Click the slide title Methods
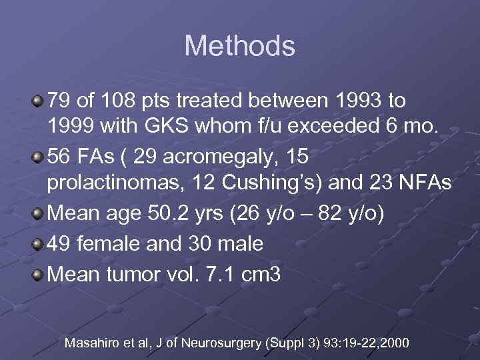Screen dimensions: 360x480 point(239,46)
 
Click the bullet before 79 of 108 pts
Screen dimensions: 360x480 point(38,101)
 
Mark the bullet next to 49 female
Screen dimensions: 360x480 point(38,244)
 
